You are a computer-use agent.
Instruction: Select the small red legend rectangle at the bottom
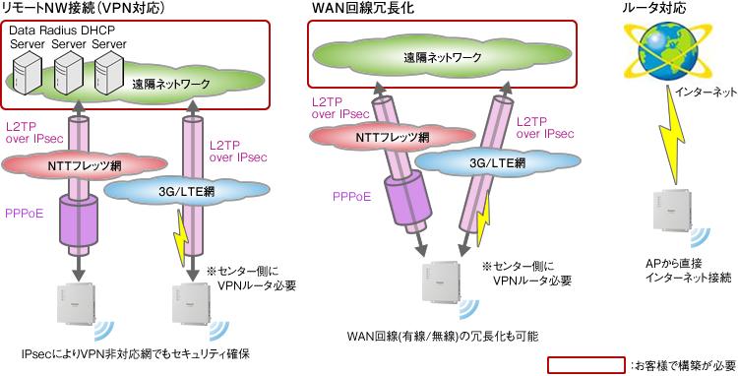(584, 364)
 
